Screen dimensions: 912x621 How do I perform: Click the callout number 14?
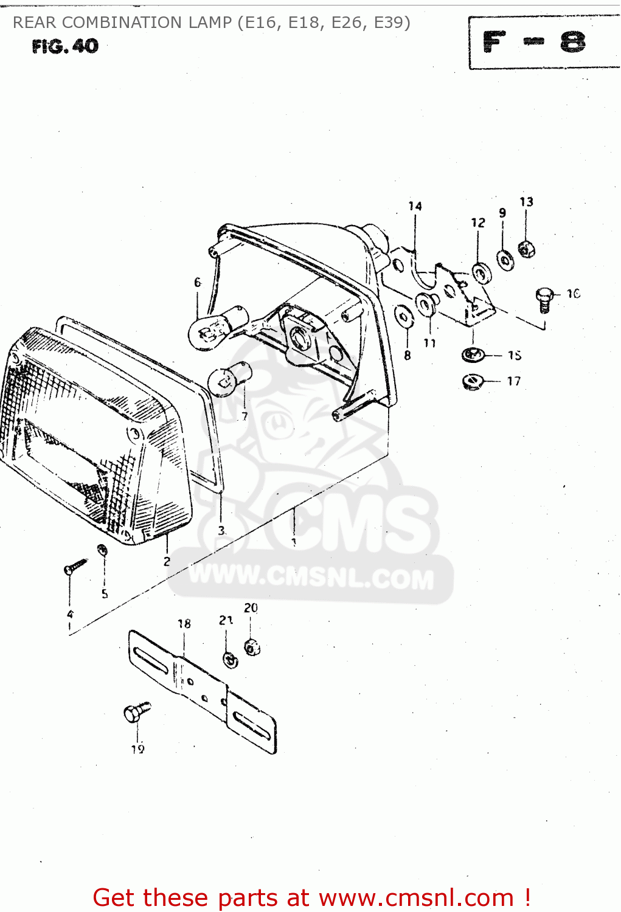click(x=415, y=206)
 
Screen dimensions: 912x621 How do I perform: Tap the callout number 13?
click(x=526, y=201)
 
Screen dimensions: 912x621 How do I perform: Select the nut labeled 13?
click(x=526, y=248)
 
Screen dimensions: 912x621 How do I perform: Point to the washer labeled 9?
click(x=505, y=259)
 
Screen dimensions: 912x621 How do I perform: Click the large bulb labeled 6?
click(x=210, y=327)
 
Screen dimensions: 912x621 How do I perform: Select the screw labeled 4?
click(x=75, y=567)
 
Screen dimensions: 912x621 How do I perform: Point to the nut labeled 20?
click(x=252, y=647)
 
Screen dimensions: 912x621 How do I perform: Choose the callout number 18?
click(x=184, y=623)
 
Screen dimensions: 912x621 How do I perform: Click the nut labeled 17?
click(x=472, y=382)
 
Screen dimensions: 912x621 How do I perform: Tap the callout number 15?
click(x=515, y=355)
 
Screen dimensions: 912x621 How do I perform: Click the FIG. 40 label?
click(x=65, y=46)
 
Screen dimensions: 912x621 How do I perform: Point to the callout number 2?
click(x=167, y=561)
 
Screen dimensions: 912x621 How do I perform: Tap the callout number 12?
click(x=478, y=223)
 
